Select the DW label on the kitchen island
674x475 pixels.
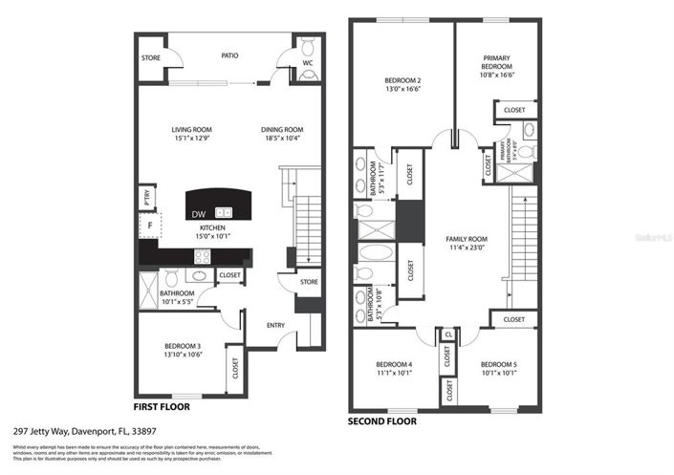tap(198, 213)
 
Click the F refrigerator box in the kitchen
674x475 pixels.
tap(149, 226)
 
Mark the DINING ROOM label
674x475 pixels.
tap(282, 130)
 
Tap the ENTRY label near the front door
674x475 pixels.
tap(275, 326)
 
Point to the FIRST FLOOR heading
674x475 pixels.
tap(162, 406)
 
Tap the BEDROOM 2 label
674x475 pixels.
tap(402, 80)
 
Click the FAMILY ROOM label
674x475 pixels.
tap(467, 240)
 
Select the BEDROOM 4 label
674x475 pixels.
tap(394, 366)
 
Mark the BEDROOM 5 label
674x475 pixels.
tap(498, 366)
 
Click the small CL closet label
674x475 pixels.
tap(447, 335)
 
